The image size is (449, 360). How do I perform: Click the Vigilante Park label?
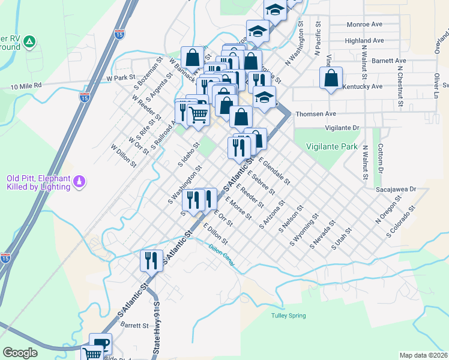pyautogui.click(x=331, y=146)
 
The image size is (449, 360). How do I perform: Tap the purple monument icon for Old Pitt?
pyautogui.click(x=79, y=181)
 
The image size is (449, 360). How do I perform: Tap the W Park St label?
pyautogui.click(x=118, y=78)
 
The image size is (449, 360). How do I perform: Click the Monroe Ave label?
pyautogui.click(x=365, y=25)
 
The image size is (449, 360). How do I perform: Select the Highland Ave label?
pyautogui.click(x=364, y=41)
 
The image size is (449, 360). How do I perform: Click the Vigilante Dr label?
pyautogui.click(x=342, y=128)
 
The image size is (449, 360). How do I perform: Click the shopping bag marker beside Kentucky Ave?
pyautogui.click(x=331, y=78)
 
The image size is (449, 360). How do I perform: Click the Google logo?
pyautogui.click(x=20, y=353)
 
